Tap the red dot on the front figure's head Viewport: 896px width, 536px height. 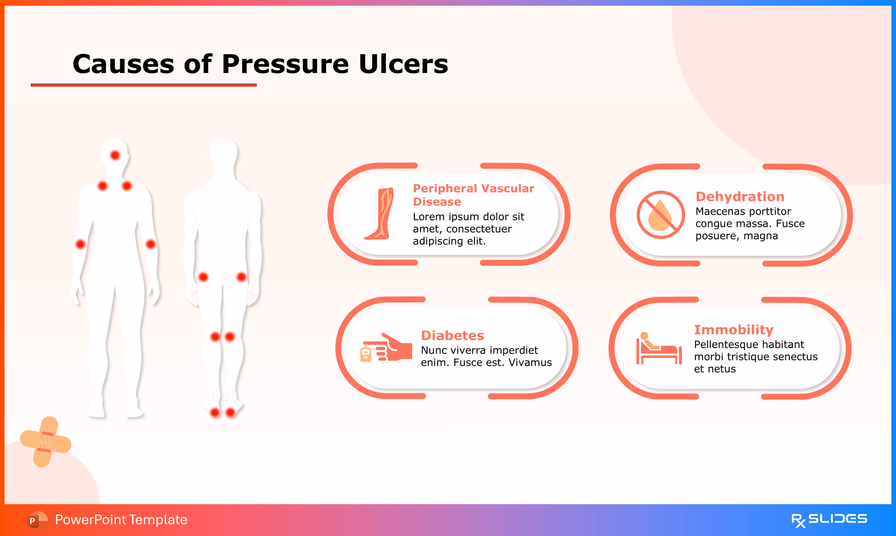pyautogui.click(x=115, y=155)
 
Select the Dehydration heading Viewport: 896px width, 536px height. pyautogui.click(x=740, y=197)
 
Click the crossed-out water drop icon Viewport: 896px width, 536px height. pyautogui.click(x=660, y=215)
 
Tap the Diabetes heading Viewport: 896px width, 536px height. pyautogui.click(x=452, y=335)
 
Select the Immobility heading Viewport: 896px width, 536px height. pyautogui.click(x=733, y=330)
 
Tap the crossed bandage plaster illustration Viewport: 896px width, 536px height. pyautogui.click(x=45, y=442)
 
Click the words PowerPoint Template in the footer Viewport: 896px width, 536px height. pyautogui.click(x=121, y=520)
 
